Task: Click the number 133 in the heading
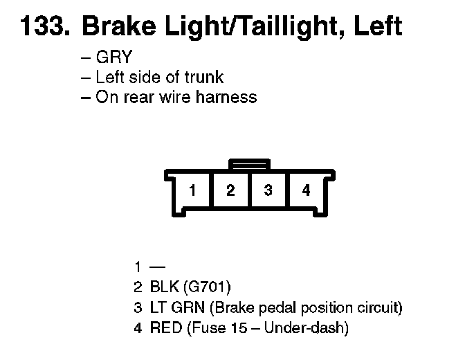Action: tap(44, 26)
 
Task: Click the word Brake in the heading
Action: tap(112, 26)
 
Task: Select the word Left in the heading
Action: tap(378, 26)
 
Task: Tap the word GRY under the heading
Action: tap(113, 58)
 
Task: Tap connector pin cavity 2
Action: tap(230, 190)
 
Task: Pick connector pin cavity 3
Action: tap(268, 190)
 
